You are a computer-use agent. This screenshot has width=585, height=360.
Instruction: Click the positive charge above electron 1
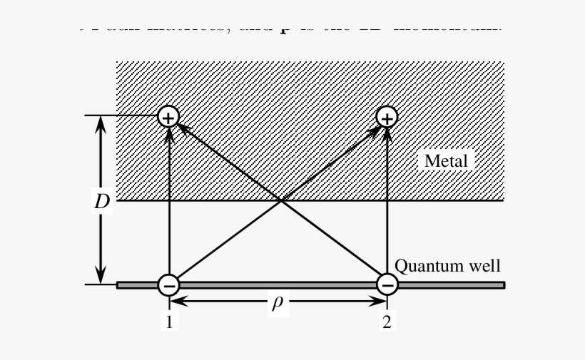tap(168, 115)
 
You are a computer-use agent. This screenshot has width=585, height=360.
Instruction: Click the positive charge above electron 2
tap(387, 115)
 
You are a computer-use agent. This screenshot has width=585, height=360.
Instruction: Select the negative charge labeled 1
tap(168, 285)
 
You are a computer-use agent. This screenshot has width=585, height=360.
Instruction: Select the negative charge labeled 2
tap(387, 285)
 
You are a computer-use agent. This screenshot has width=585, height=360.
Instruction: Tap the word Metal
tap(446, 161)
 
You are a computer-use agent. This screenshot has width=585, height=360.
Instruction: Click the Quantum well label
tap(447, 267)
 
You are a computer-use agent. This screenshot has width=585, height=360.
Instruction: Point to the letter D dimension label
tap(102, 202)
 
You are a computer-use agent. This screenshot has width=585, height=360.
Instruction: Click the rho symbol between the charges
tap(278, 302)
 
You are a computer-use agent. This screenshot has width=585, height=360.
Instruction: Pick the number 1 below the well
tap(169, 322)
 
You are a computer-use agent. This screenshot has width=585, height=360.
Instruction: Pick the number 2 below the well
tap(387, 322)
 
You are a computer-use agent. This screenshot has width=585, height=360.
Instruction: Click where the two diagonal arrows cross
tap(281, 200)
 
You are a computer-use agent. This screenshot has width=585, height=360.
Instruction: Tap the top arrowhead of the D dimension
tap(101, 123)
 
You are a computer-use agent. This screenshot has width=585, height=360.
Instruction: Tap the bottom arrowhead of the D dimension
tap(101, 277)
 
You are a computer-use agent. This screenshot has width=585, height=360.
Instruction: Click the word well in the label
tap(484, 267)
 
